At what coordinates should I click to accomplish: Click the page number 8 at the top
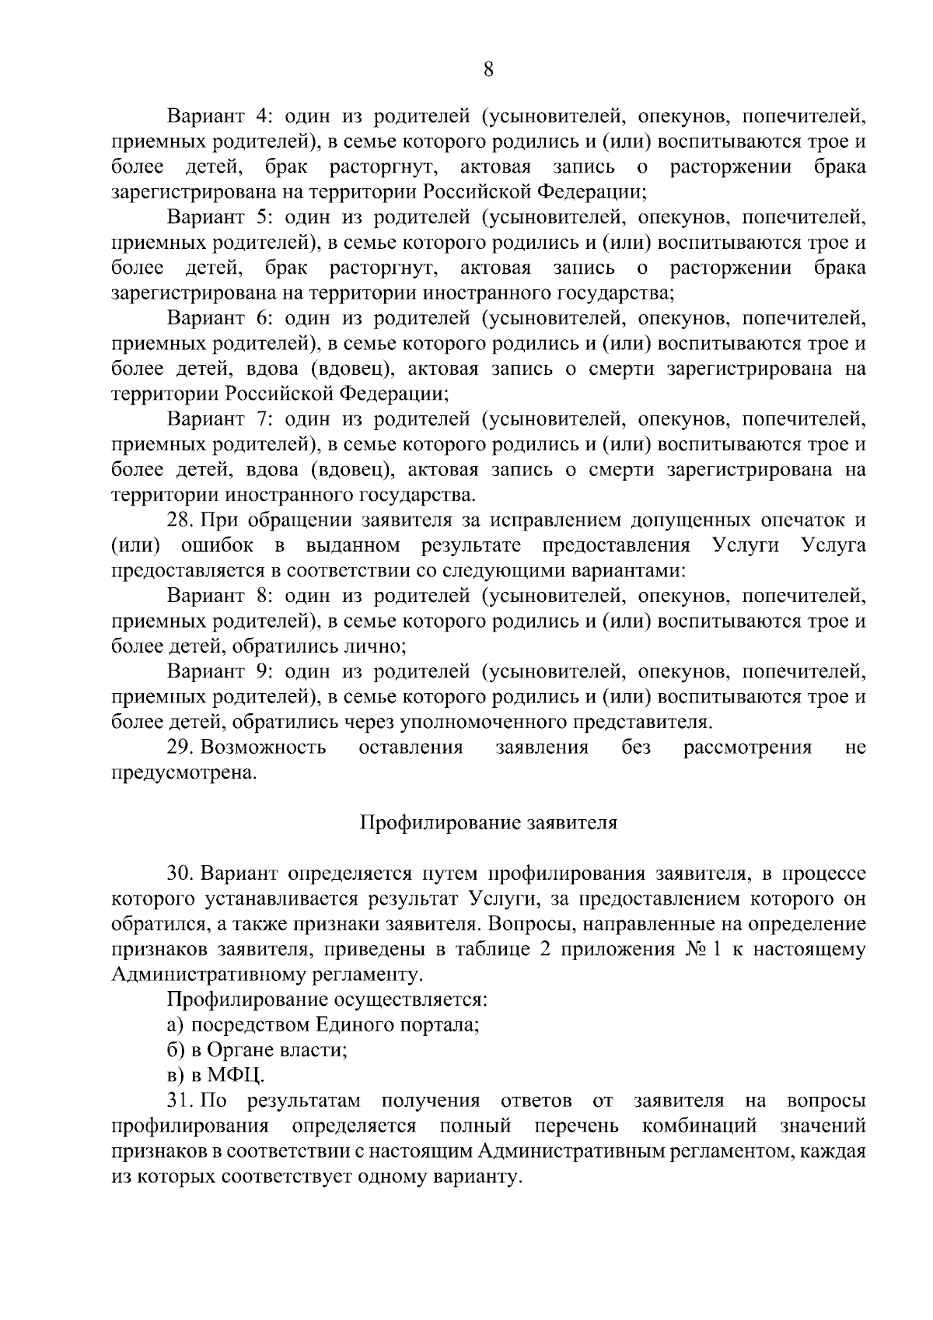pyautogui.click(x=488, y=70)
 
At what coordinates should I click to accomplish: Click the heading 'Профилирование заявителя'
pyautogui.click(x=487, y=823)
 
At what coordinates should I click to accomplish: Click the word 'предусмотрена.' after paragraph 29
pyautogui.click(x=183, y=773)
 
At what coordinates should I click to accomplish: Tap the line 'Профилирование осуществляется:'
pyautogui.click(x=327, y=1000)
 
